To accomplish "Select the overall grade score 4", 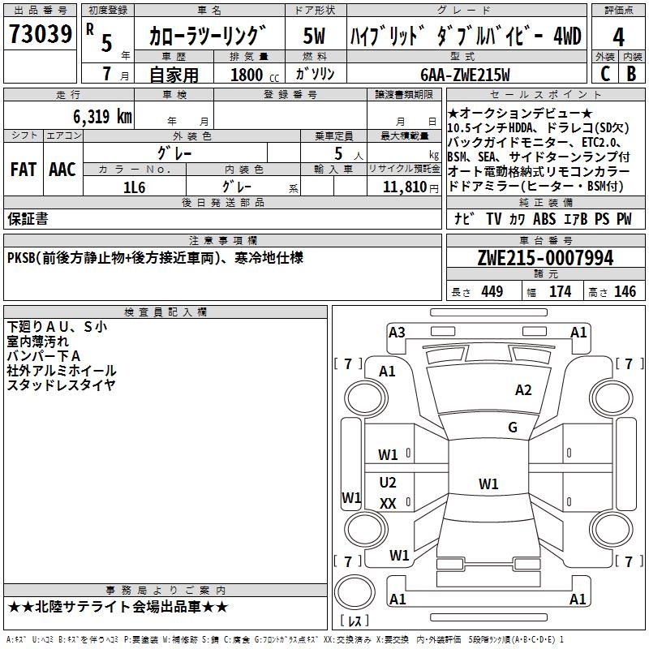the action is coord(618,37).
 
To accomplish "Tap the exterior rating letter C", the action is coord(604,72).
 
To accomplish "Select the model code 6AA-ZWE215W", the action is coord(465,74).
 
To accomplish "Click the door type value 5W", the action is coord(315,37).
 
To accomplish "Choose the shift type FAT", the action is coord(24,170).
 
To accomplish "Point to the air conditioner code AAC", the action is coord(62,170).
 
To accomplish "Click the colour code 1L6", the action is coord(135,187).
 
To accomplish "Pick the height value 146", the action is coord(625,292).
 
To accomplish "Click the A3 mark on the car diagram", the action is coord(397,332).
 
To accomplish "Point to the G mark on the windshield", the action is coord(512,428).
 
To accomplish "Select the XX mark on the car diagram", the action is coord(388,503).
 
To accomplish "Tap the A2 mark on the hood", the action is coord(523,390).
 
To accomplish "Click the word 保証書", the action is coord(28,218).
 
